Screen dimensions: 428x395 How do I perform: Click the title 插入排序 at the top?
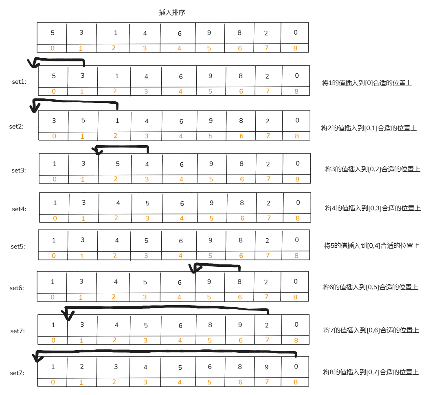pyautogui.click(x=172, y=13)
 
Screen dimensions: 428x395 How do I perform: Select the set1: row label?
pyautogui.click(x=19, y=82)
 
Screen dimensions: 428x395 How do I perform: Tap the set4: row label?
pyautogui.click(x=19, y=209)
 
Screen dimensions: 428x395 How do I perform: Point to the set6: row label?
pyautogui.click(x=17, y=288)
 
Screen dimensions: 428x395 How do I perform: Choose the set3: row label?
pyautogui.click(x=19, y=170)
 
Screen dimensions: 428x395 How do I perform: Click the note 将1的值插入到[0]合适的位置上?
pyautogui.click(x=367, y=83)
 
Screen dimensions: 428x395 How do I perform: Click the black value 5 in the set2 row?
pyautogui.click(x=83, y=120)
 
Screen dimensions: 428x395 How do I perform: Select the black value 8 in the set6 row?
pyautogui.click(x=239, y=282)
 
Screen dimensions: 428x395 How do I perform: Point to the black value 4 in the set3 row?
pyautogui.click(x=147, y=164)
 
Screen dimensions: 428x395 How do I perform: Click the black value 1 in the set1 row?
pyautogui.click(x=117, y=76)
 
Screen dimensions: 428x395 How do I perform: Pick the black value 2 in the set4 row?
pyautogui.click(x=269, y=203)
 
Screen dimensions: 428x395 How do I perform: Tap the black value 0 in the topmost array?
pyautogui.click(x=296, y=33)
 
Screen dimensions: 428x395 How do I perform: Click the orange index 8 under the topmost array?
pyautogui.click(x=295, y=48)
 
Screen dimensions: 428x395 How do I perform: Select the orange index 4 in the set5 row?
pyautogui.click(x=180, y=256)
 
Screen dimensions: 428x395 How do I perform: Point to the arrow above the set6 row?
pyautogui.click(x=216, y=265)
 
